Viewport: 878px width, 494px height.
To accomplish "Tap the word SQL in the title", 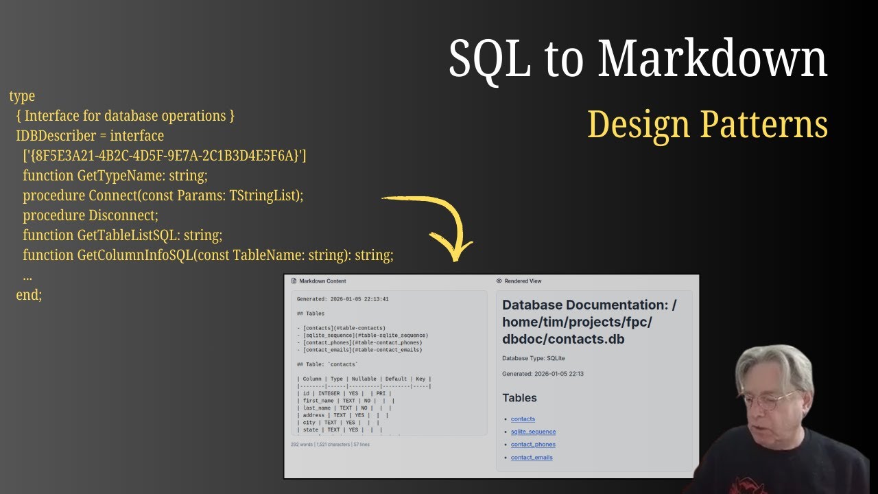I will coord(489,59).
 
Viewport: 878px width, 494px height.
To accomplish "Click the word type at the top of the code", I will coord(22,96).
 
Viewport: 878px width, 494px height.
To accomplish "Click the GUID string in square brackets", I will coord(165,156).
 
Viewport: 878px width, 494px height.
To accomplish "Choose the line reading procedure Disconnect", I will coord(91,215).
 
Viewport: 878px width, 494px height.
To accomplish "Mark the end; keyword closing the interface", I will coord(29,295).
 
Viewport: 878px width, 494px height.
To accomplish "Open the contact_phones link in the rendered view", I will coord(533,445).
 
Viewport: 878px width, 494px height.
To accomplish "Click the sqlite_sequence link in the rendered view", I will coord(533,432).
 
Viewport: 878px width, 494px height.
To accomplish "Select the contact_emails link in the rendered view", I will coord(532,458).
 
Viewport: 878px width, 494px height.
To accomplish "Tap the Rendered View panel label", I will coord(523,281).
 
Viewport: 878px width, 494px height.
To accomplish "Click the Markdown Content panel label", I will coord(322,281).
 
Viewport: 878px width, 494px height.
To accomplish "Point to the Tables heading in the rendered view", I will coord(519,398).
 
